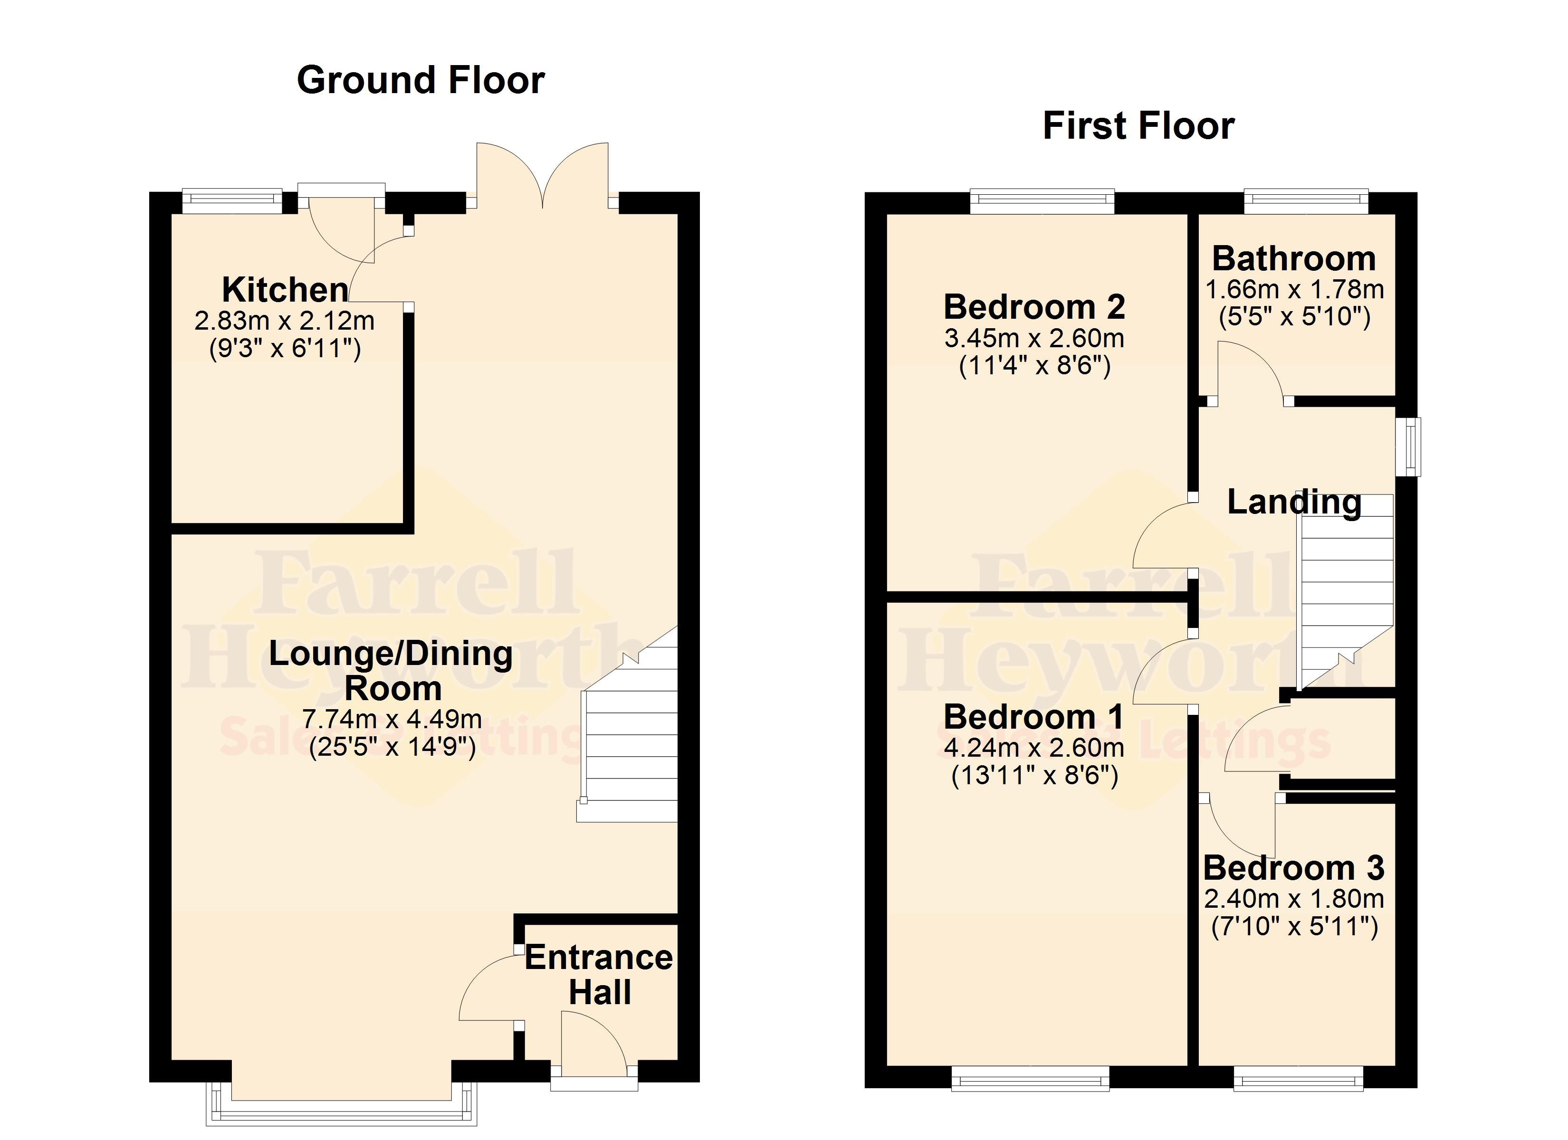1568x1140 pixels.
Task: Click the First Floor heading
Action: [1138, 126]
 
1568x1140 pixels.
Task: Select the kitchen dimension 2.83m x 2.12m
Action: [285, 320]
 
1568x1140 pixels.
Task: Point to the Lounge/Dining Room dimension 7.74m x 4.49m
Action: [392, 719]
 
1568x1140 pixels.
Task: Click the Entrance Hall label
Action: [599, 975]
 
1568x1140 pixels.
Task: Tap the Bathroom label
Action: [1294, 258]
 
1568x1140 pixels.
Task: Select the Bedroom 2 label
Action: [1034, 306]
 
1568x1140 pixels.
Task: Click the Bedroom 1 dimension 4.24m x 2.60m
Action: [1034, 747]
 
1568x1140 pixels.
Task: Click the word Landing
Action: [1294, 502]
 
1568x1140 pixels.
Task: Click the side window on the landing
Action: [1407, 446]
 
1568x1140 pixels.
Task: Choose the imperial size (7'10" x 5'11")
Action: [1294, 926]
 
